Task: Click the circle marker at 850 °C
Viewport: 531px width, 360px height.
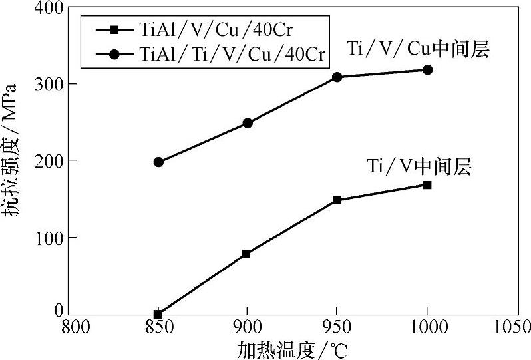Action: pos(158,162)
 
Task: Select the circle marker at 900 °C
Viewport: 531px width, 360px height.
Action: pos(248,123)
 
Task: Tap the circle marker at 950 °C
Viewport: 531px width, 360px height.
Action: pos(337,77)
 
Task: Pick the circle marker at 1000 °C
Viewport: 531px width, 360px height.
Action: pos(427,70)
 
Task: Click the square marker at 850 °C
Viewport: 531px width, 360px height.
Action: pos(158,313)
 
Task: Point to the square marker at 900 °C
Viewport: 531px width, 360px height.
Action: pos(247,254)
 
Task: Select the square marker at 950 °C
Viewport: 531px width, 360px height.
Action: pos(337,200)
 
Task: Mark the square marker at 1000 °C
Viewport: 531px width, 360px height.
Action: pos(427,185)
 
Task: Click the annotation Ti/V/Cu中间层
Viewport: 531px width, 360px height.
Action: pos(418,49)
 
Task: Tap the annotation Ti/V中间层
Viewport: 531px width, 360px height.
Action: pos(419,166)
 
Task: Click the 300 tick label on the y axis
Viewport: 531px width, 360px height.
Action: pos(47,85)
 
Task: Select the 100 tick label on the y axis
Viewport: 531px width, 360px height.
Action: pos(47,238)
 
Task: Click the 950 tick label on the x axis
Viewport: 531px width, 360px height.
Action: pos(337,328)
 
